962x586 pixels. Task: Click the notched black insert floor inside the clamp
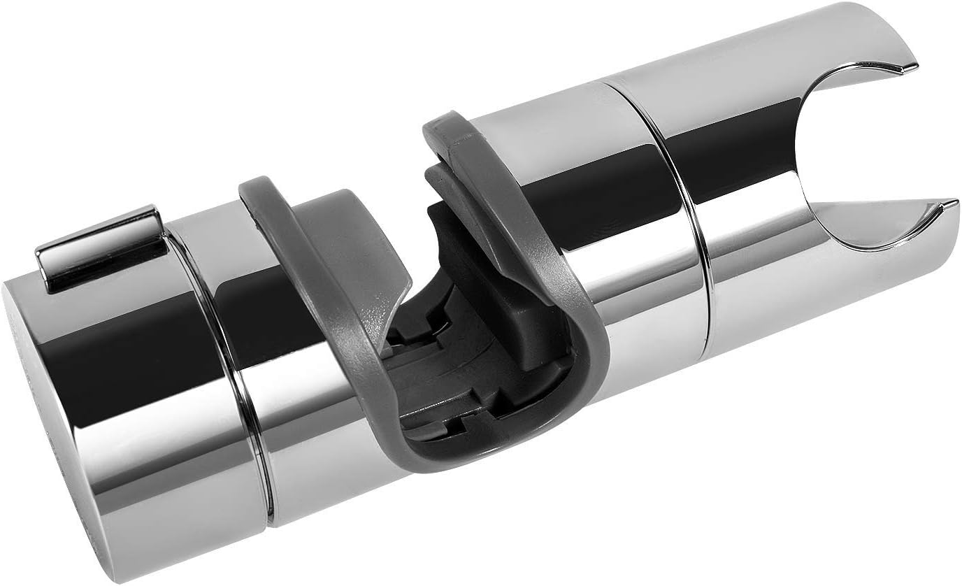coord(433,392)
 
